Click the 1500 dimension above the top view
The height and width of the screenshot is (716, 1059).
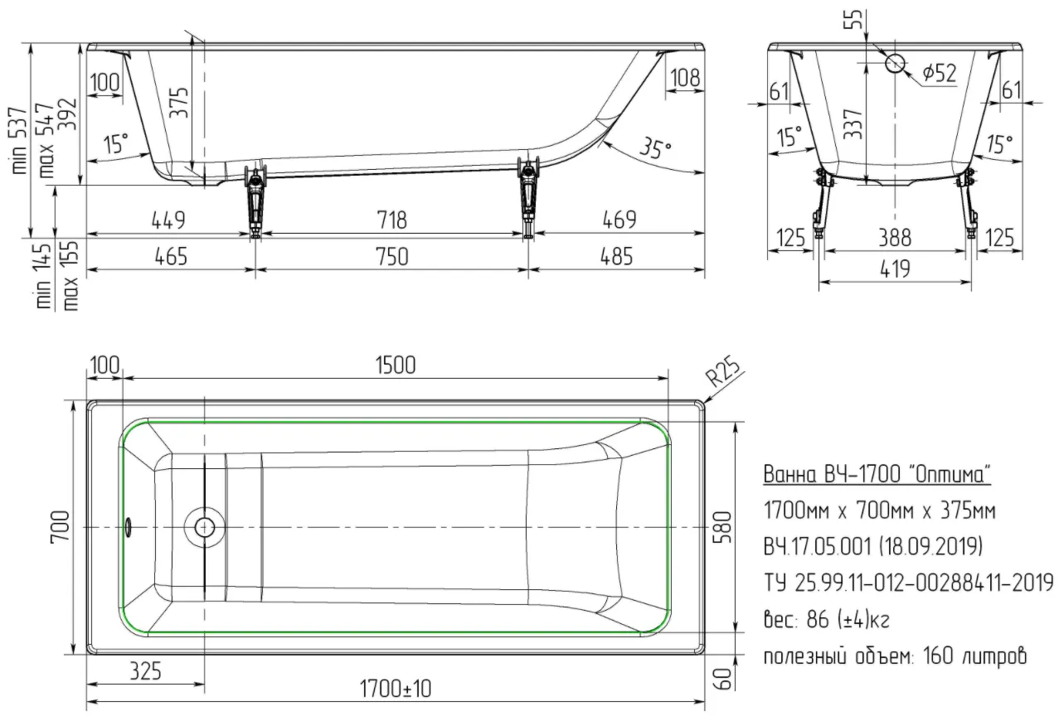coord(396,365)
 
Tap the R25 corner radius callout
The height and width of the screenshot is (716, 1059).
coord(722,373)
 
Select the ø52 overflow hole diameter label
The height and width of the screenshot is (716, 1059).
coord(939,73)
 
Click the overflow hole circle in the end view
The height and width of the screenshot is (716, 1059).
coord(895,63)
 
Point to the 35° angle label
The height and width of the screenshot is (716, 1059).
coord(655,147)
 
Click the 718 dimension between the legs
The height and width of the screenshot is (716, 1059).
coord(391,220)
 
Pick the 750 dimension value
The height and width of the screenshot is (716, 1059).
coord(391,256)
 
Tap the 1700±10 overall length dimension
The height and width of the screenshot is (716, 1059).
coord(396,689)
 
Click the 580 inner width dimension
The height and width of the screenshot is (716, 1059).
coord(724,526)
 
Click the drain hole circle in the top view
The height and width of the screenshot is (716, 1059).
coord(204,527)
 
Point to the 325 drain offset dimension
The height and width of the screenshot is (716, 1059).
coord(145,671)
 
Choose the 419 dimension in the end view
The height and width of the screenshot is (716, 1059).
coord(895,268)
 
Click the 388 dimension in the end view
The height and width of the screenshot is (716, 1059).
coord(895,238)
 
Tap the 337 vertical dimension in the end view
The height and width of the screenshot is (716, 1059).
coord(853,123)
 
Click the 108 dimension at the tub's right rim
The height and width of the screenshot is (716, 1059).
coord(685,77)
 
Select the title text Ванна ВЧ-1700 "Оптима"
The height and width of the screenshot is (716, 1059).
coord(877,474)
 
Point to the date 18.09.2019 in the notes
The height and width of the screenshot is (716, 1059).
coord(931,546)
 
